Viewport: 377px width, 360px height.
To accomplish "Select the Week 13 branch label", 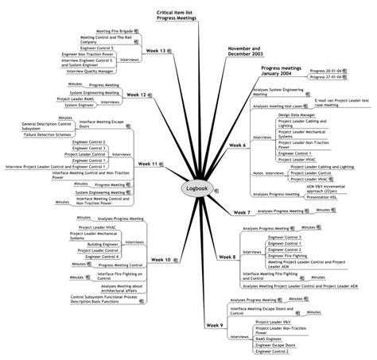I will pyautogui.click(x=156, y=51).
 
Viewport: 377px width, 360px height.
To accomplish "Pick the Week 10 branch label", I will pyautogui.click(x=160, y=260).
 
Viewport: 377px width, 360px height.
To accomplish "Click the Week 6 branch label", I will pyautogui.click(x=237, y=145).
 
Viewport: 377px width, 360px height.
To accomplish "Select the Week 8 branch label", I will pyautogui.click(x=228, y=257).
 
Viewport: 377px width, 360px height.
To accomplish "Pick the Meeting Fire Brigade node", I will pyautogui.click(x=111, y=30).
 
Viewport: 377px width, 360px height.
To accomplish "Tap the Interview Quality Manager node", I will pyautogui.click(x=89, y=71).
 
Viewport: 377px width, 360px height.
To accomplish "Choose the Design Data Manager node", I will pyautogui.click(x=296, y=114).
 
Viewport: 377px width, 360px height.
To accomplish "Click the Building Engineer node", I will pyautogui.click(x=104, y=245).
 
